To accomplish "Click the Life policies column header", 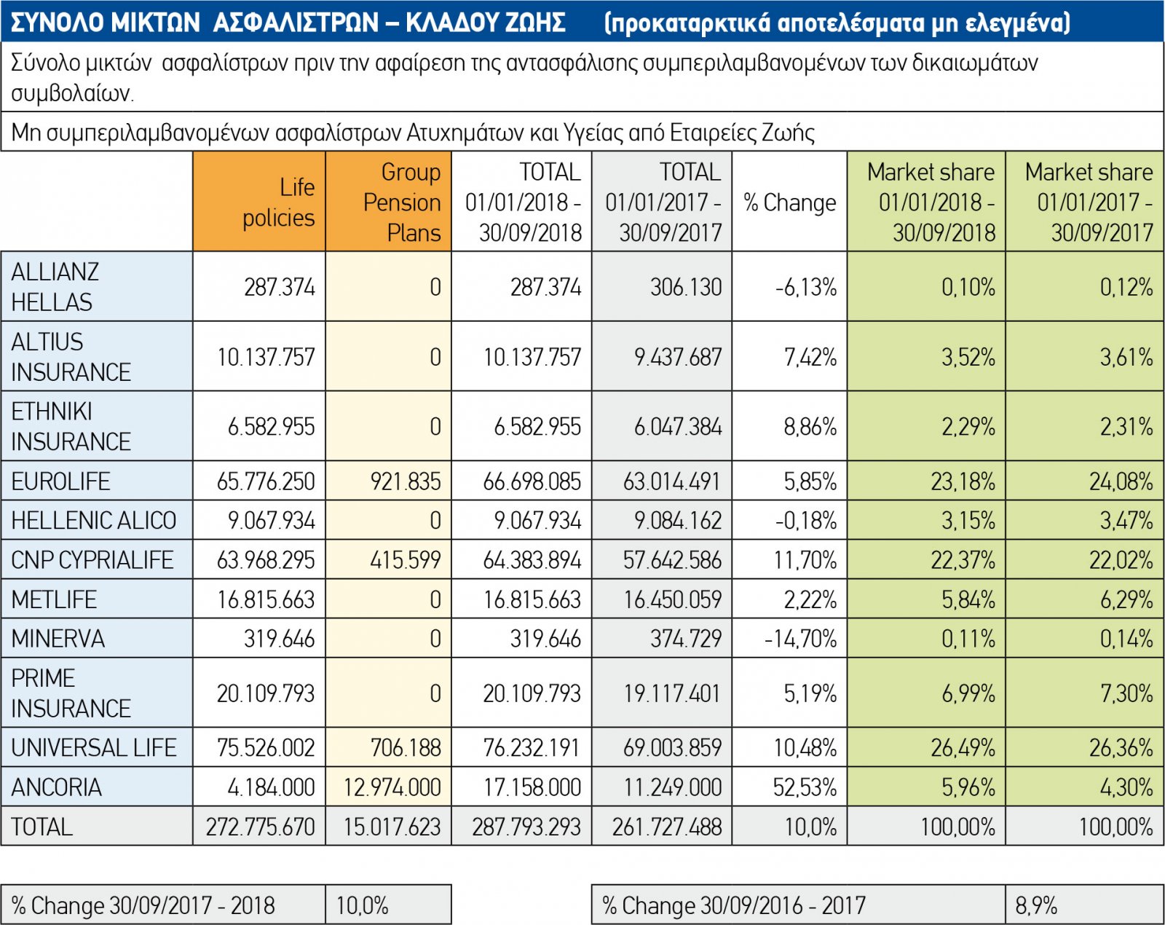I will [x=278, y=202].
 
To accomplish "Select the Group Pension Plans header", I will [x=402, y=202].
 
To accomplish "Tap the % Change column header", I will [x=790, y=202].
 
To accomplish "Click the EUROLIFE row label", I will [x=61, y=481].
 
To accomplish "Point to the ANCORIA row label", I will [x=57, y=787].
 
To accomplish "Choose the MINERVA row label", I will [x=58, y=639].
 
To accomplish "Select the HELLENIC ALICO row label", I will [x=94, y=521].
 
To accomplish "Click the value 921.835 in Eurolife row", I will [x=406, y=481].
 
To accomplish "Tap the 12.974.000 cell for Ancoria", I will [x=392, y=787].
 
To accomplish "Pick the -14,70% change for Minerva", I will [x=801, y=639].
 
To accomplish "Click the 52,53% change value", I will [x=805, y=787].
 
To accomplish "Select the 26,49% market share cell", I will [x=963, y=748].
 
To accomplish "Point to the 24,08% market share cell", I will [x=1121, y=481].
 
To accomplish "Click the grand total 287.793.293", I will [x=526, y=827].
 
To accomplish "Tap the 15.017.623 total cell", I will [x=392, y=827].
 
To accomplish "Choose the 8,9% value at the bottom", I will [x=1036, y=905].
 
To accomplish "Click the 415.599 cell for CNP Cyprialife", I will [x=406, y=560].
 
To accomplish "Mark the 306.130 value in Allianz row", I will [x=686, y=287].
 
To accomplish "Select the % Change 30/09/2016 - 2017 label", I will [x=734, y=905].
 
